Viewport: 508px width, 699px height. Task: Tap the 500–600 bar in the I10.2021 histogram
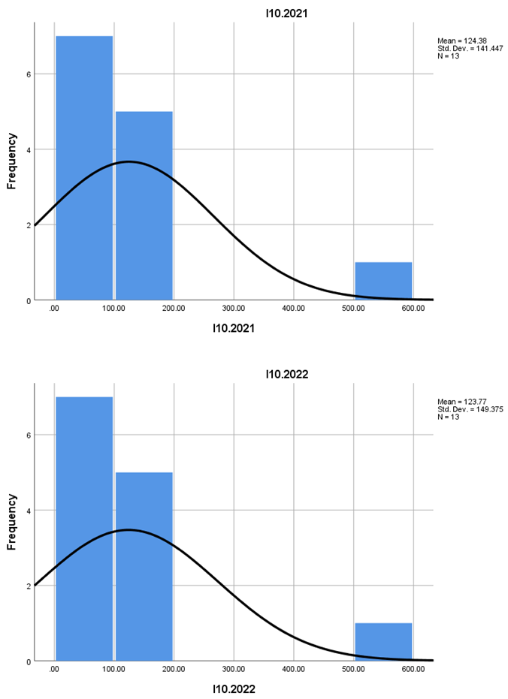pyautogui.click(x=383, y=282)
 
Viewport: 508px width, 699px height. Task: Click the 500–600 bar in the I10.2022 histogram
pyautogui.click(x=383, y=642)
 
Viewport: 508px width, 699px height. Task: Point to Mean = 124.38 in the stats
pyautogui.click(x=461, y=41)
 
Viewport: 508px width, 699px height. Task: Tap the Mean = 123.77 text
pyautogui.click(x=461, y=402)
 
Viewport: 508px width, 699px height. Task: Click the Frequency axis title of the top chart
pyautogui.click(x=13, y=161)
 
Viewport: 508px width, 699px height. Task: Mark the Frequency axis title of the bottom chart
pyautogui.click(x=13, y=521)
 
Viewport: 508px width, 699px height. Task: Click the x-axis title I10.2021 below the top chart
pyautogui.click(x=234, y=329)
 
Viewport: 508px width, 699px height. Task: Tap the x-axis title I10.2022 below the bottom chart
pyautogui.click(x=234, y=688)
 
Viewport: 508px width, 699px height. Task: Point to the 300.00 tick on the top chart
pyautogui.click(x=234, y=308)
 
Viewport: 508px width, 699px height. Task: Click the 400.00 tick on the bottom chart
pyautogui.click(x=293, y=668)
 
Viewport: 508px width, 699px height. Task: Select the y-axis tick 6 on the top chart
pyautogui.click(x=28, y=74)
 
